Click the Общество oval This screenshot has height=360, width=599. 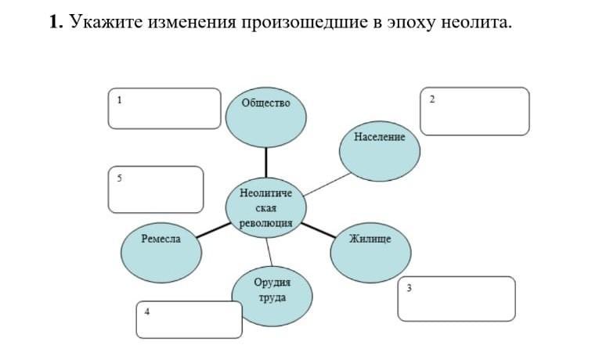click(x=265, y=117)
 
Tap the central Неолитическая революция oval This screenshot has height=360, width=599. click(x=265, y=208)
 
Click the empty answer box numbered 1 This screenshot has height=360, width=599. click(x=164, y=108)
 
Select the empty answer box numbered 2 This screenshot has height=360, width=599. click(x=476, y=111)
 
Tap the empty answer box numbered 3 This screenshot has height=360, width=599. click(x=456, y=298)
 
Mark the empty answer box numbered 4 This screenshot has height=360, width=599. click(x=189, y=319)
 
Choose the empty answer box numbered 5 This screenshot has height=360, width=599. click(x=155, y=189)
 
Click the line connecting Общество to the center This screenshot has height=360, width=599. click(x=265, y=162)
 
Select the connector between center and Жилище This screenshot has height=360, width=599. click(x=318, y=229)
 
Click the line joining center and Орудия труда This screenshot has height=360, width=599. click(x=269, y=251)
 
